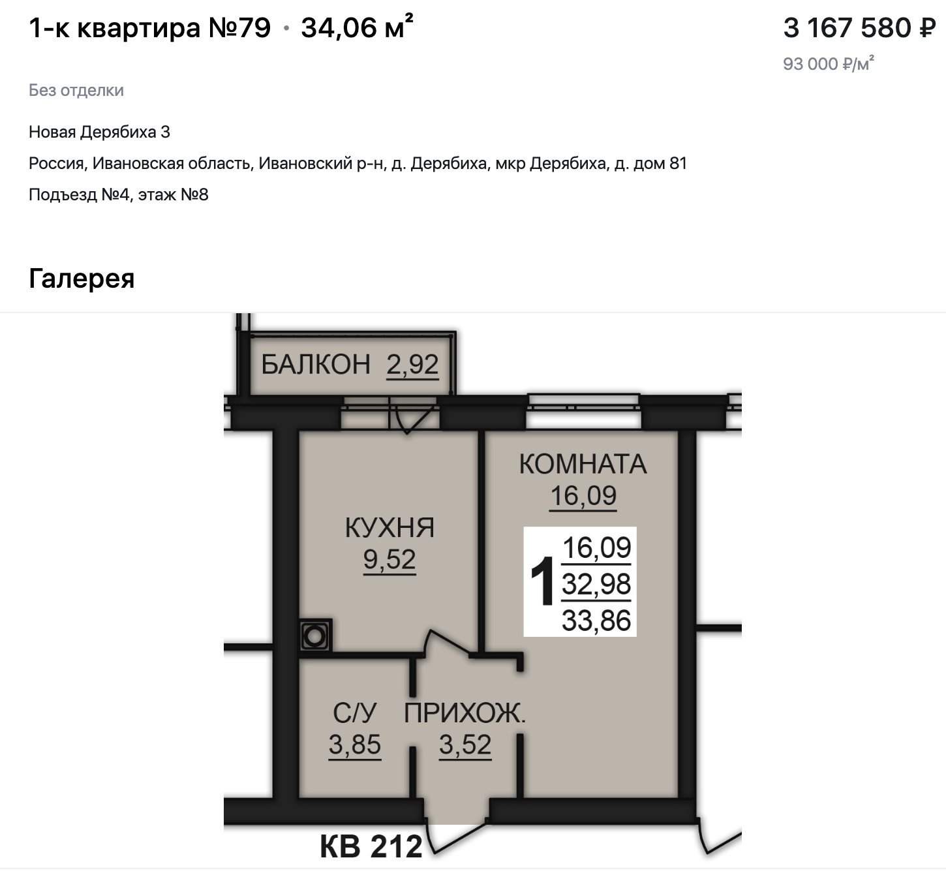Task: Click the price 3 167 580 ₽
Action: [859, 27]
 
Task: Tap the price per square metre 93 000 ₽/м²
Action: [829, 63]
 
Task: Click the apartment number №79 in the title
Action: [239, 27]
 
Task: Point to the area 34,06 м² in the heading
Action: [357, 27]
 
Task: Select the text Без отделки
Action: [76, 90]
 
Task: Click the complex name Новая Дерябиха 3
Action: [99, 132]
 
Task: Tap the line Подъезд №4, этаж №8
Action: [119, 194]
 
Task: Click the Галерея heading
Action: [82, 278]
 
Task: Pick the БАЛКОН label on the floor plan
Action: [316, 365]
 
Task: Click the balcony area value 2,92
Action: [412, 365]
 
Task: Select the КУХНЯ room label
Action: [389, 527]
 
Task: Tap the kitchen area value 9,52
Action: [389, 559]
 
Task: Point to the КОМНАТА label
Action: [583, 463]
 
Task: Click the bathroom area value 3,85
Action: [355, 744]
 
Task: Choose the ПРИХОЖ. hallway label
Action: [465, 713]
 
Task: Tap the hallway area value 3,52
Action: [465, 744]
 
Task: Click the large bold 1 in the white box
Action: [542, 582]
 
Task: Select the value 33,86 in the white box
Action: [596, 621]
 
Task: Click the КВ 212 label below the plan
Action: [371, 846]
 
